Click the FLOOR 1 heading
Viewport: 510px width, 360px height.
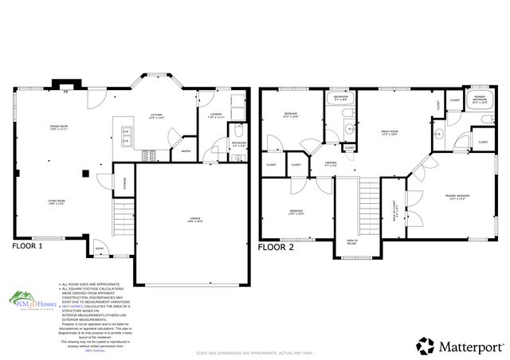pyautogui.click(x=27, y=247)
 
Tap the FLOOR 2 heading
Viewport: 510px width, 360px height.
pyautogui.click(x=276, y=247)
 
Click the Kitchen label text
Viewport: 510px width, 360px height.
pyautogui.click(x=156, y=118)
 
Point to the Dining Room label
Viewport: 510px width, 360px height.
pyautogui.click(x=57, y=127)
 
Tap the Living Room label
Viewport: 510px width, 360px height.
pyautogui.click(x=56, y=203)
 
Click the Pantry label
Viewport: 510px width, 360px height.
pyautogui.click(x=185, y=150)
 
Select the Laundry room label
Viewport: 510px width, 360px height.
pyautogui.click(x=216, y=116)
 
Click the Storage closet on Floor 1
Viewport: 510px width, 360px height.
pyautogui.click(x=124, y=182)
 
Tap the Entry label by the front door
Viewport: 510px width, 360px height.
pyautogui.click(x=100, y=248)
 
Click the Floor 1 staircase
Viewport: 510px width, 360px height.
pyautogui.click(x=122, y=215)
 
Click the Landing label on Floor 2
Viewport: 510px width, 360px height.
pyautogui.click(x=331, y=166)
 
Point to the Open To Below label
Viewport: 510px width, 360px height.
pyautogui.click(x=351, y=242)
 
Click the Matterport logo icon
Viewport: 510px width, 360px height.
pyautogui.click(x=426, y=346)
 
